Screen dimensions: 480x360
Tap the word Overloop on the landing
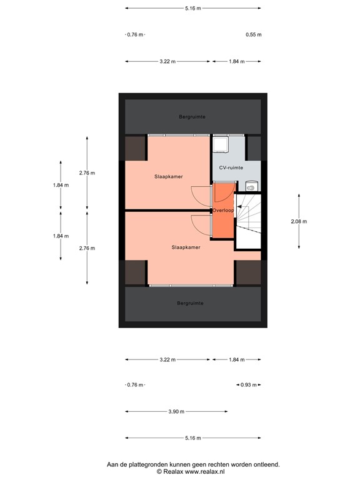click(223, 211)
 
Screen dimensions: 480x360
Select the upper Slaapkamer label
click(169, 177)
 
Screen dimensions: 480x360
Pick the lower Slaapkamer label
click(186, 247)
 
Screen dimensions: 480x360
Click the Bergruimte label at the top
click(192, 117)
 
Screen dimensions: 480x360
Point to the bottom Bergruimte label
click(190, 303)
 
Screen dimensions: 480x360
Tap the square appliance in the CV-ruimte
click(221, 145)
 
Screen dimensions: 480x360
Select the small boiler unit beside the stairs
click(251, 185)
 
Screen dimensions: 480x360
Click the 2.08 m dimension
click(299, 221)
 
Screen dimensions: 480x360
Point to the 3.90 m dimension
click(176, 412)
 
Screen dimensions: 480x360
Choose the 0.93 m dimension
click(249, 385)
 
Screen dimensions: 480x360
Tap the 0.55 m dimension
click(253, 35)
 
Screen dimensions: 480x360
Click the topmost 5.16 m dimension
click(192, 8)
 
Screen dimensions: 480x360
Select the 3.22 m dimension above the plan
click(167, 62)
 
